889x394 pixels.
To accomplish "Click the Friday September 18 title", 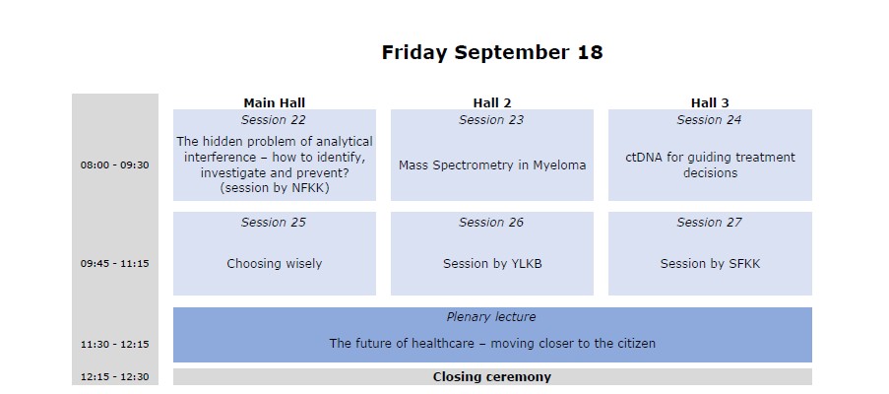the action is [x=492, y=53].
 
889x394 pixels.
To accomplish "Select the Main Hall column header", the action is [x=275, y=102].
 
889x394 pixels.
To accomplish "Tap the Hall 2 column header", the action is [x=492, y=102].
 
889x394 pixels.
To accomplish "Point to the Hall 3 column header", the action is [x=710, y=102].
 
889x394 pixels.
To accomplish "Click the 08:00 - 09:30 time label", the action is [x=114, y=165].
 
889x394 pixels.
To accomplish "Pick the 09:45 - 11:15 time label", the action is [x=114, y=264].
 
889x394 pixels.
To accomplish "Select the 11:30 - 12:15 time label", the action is [x=114, y=344].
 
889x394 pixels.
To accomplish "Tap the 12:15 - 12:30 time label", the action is [x=114, y=377].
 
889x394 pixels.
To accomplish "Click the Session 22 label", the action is [x=274, y=120].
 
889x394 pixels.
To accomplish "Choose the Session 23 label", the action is [x=491, y=120].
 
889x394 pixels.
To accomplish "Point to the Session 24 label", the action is [x=709, y=120].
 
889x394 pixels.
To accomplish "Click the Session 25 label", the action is [x=274, y=223].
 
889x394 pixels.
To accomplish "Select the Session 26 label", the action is [x=491, y=223].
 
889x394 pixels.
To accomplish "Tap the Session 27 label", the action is [x=709, y=223].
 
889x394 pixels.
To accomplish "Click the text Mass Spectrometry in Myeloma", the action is [x=492, y=165].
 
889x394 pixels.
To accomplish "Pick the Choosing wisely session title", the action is [x=275, y=264].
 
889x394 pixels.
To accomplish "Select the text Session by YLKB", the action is [x=492, y=264].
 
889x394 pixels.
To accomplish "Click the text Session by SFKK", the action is [x=710, y=264].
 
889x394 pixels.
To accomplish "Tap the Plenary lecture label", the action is [x=491, y=317].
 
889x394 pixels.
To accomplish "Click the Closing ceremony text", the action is [x=492, y=377].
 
